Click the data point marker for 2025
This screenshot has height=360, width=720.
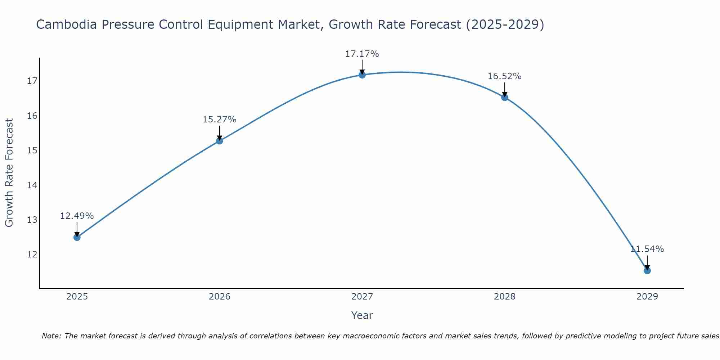(x=77, y=237)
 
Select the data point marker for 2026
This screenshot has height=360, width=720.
(x=219, y=141)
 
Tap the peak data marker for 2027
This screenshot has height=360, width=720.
(x=362, y=75)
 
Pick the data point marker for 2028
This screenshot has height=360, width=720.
(x=504, y=97)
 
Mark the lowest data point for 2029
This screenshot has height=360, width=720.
(x=647, y=270)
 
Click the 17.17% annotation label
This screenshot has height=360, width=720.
(x=362, y=54)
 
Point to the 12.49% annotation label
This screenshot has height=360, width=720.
(x=77, y=216)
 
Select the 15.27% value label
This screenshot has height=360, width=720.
(x=219, y=120)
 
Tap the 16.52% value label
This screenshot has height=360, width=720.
(x=504, y=76)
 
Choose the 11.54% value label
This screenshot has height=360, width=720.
(x=647, y=249)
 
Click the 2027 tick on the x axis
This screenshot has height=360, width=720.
(x=362, y=297)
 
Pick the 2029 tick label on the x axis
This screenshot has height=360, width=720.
(x=647, y=297)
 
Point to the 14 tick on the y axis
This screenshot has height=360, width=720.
(x=32, y=185)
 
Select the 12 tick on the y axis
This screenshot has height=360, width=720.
(x=32, y=255)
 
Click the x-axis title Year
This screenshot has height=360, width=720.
(x=362, y=315)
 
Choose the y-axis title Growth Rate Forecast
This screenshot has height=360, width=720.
(x=9, y=173)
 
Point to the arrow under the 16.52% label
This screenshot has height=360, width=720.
(x=504, y=89)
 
